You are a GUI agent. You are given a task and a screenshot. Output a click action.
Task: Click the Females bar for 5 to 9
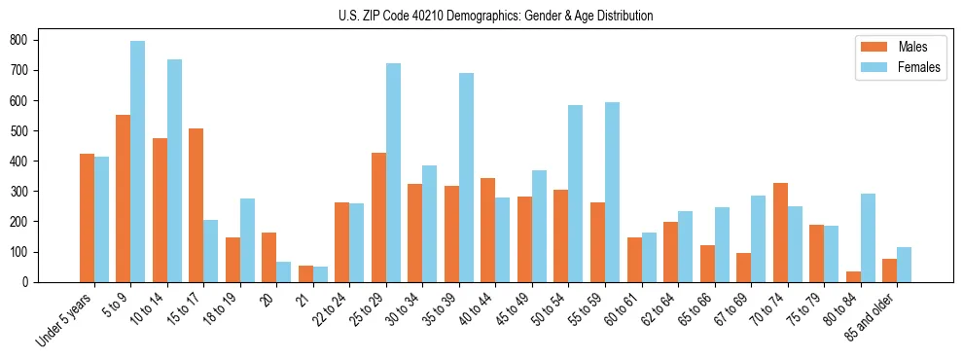tap(137, 162)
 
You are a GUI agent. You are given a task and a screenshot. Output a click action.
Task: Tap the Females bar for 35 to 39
tap(466, 178)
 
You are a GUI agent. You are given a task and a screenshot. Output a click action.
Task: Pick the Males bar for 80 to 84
tap(852, 276)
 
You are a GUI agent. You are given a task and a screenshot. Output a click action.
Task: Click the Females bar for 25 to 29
tap(393, 173)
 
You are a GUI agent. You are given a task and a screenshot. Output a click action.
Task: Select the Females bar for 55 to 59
tap(612, 193)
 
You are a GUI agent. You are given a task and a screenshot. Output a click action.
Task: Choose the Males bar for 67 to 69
tap(743, 268)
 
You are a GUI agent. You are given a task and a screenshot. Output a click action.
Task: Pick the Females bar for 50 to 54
tap(575, 194)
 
